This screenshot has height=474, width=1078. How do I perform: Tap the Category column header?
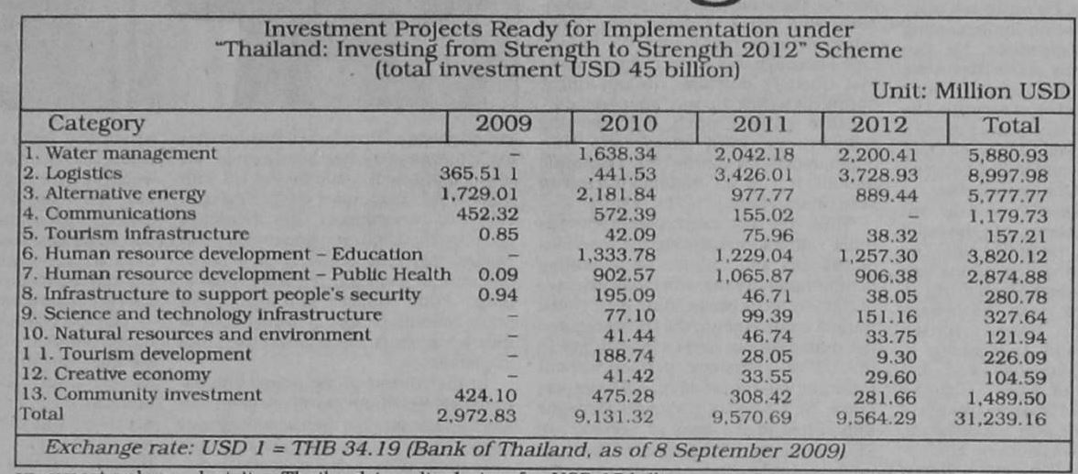tap(96, 124)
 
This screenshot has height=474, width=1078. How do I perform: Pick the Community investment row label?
tap(140, 394)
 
